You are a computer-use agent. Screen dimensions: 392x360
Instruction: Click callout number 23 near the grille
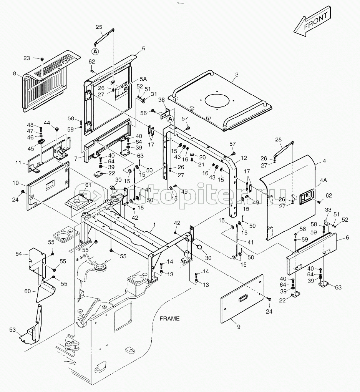pos(27,58)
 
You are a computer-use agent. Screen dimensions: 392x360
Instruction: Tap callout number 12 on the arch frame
pos(244,158)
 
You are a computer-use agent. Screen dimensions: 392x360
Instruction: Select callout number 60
pos(28,291)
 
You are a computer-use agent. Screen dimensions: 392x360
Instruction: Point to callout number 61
pos(89,186)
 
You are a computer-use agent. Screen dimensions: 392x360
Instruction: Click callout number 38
pos(161,99)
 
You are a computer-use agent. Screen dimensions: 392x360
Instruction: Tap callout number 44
pos(47,123)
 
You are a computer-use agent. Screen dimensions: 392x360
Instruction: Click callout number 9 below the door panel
pos(239,327)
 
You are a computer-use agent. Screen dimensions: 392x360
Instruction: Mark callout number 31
pos(154,95)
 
